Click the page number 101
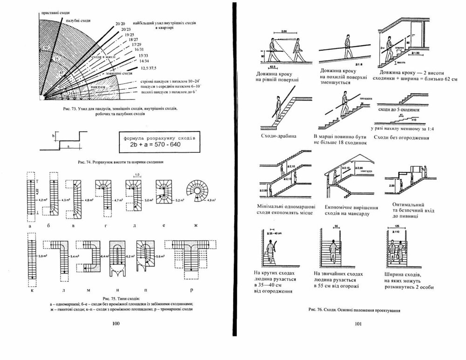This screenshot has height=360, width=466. coord(358,324)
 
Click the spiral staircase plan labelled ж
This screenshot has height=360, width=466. coord(199,191)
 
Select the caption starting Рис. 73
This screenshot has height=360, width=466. coord(111,111)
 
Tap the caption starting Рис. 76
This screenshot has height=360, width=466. coord(355,309)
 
